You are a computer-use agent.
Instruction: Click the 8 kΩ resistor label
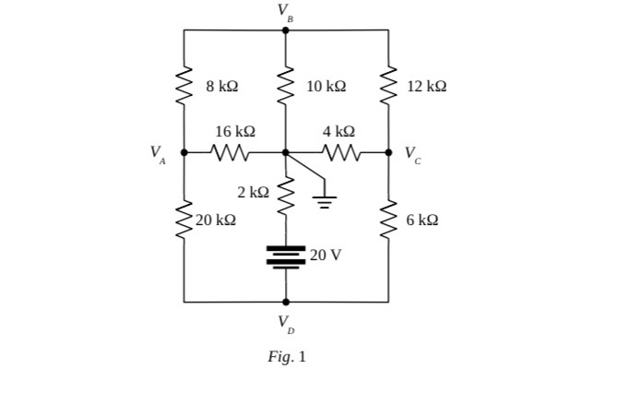[221, 86]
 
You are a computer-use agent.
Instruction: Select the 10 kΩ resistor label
[326, 86]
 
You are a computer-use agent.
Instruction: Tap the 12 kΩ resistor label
[426, 86]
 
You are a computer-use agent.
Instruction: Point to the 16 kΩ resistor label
[234, 132]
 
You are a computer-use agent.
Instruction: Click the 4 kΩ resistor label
[339, 132]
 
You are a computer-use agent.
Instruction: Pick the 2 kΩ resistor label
[253, 192]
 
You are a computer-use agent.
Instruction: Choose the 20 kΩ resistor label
[216, 220]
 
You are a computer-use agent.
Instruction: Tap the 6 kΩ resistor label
[422, 220]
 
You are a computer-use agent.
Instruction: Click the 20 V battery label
[326, 255]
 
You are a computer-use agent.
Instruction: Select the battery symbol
[286, 255]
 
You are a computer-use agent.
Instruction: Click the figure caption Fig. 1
[286, 357]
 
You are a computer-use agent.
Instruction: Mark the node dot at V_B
[286, 30]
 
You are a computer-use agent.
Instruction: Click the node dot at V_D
[286, 302]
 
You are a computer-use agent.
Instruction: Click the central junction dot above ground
[286, 152]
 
